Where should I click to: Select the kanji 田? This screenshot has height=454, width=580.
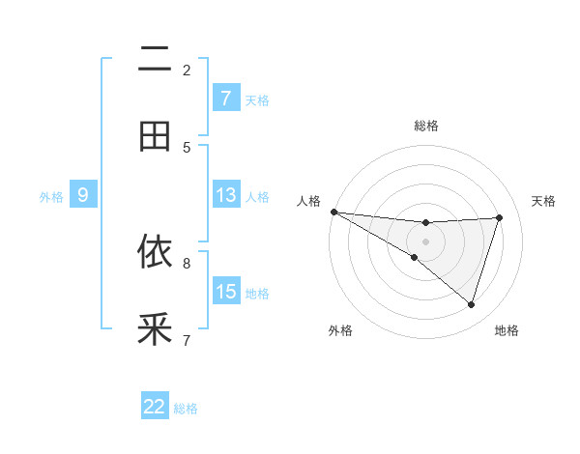[x=155, y=136]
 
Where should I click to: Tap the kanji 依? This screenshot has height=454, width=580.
[x=155, y=252]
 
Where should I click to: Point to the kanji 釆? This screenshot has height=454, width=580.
[x=155, y=329]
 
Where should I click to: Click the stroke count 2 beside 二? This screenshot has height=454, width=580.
[x=187, y=70]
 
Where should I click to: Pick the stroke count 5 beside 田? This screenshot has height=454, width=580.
[x=187, y=147]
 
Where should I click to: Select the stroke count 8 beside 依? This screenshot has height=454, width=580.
[x=187, y=262]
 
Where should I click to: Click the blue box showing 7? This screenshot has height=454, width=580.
[x=225, y=98]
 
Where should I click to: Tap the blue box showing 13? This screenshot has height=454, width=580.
[x=225, y=195]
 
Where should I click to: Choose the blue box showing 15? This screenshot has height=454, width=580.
[x=225, y=291]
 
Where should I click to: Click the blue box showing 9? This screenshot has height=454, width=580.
[x=83, y=195]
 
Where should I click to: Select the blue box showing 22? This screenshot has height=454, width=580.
[x=155, y=407]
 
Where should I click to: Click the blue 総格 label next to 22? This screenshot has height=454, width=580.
[x=186, y=409]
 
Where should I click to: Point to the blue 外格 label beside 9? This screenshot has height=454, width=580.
[x=51, y=197]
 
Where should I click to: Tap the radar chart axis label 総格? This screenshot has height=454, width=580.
[x=425, y=126]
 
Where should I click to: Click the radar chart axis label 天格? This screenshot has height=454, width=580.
[x=544, y=201]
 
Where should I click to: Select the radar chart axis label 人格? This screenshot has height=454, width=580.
[x=308, y=201]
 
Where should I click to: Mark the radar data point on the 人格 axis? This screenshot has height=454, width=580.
[x=333, y=212]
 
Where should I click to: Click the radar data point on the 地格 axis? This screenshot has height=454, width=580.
[x=471, y=304]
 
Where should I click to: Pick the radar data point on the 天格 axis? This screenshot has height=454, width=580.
[x=499, y=217]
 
